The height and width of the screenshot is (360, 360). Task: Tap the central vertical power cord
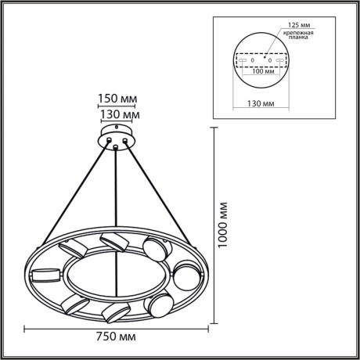[117, 188]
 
